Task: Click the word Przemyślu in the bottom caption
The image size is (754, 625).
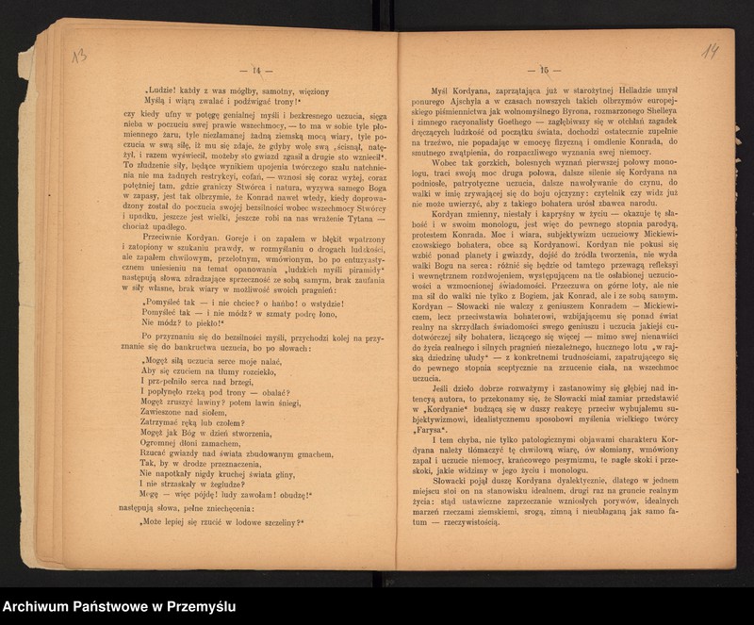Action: [196, 607]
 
